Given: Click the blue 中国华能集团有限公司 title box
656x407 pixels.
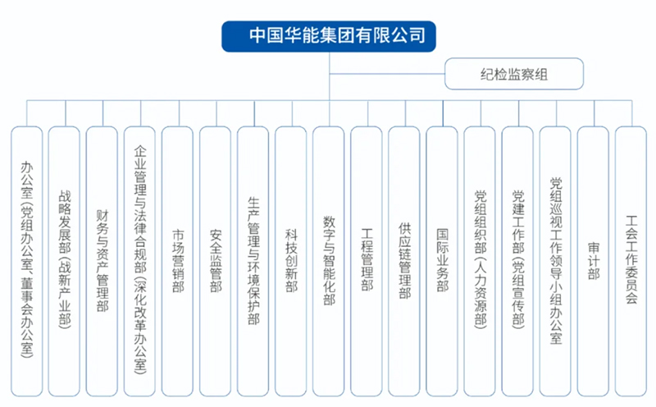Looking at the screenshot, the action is pos(329,36).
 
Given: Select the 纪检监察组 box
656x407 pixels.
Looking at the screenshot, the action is pos(514,74).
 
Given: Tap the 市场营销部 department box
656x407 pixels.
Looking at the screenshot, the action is pos(177,261).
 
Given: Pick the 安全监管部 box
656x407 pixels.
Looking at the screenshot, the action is pos(215,261).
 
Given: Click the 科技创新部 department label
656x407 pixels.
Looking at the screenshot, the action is pos(291,260).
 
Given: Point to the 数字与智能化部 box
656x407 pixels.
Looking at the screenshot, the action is pos(329,261).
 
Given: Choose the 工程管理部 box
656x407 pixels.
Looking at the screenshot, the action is pos(367,261).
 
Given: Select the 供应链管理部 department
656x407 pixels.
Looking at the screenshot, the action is pos(404,261).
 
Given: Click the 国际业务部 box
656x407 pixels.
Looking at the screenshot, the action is pos(442,261).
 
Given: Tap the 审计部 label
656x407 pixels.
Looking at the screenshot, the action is pos(593,261).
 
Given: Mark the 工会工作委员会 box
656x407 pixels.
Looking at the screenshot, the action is pos(631,261).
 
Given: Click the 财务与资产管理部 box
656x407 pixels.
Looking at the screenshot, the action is pos(102,261).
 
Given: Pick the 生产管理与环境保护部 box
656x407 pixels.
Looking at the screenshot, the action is pos(253,261).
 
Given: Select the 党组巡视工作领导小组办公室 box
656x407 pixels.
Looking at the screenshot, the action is pos(555,261).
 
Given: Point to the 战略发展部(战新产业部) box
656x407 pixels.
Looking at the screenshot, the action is pos(64,261).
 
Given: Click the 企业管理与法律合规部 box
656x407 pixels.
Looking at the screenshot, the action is pos(139,261).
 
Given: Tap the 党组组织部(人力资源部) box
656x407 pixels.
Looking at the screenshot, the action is pos(480,261).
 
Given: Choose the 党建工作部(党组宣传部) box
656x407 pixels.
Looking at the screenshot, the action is pos(517,261).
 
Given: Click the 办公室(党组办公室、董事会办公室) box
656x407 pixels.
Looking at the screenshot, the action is pos(27,261).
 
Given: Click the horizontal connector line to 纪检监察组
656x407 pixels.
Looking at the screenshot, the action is pos(387,74).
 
